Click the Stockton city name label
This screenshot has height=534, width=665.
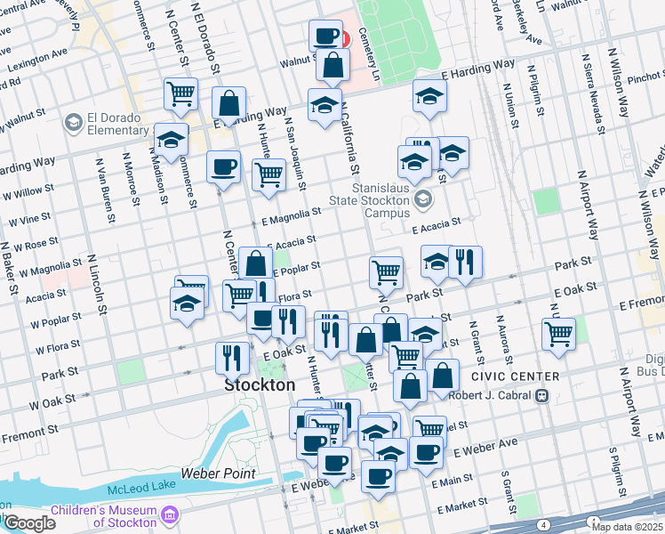click(x=260, y=385)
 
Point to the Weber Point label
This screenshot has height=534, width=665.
click(x=218, y=473)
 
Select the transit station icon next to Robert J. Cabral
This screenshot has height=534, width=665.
click(x=541, y=395)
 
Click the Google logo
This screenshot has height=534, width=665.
click(x=28, y=523)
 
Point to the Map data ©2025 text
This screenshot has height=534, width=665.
click(x=626, y=527)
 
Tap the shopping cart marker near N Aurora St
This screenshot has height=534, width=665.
click(x=557, y=335)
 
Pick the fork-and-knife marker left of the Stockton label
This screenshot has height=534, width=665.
click(x=232, y=357)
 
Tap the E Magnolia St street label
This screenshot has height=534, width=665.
click(x=291, y=215)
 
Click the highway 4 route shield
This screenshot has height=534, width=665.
click(x=542, y=526)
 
